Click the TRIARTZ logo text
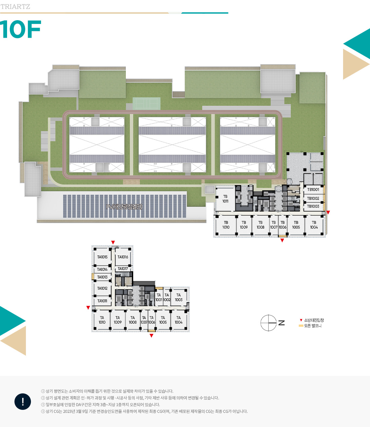tap(15, 7)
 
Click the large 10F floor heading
tap(21, 30)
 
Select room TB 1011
tap(225, 199)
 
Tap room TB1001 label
tap(313, 190)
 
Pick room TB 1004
tap(314, 225)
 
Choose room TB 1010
tap(226, 225)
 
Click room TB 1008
tap(260, 225)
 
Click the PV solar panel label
tap(124, 207)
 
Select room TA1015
tap(102, 257)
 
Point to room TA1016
tap(123, 257)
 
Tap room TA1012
tap(102, 288)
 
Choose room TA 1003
tap(179, 298)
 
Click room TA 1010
tap(102, 320)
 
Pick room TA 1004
tap(179, 320)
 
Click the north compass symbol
tap(269, 323)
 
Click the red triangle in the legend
tap(301, 320)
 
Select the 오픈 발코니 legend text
tap(313, 326)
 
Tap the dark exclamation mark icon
tap(23, 402)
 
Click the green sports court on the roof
tap(146, 103)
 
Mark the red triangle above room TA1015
tap(113, 242)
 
